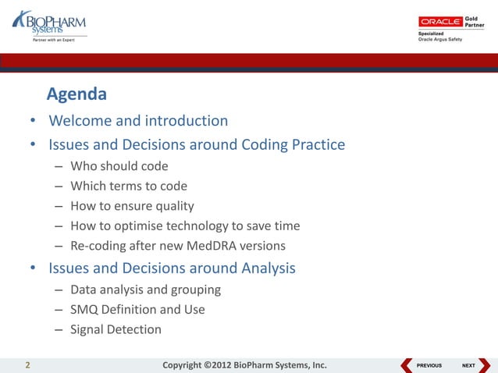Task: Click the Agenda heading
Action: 76,94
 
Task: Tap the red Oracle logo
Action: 440,22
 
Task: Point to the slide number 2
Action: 28,364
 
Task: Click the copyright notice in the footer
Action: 244,364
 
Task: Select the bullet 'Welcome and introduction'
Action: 138,121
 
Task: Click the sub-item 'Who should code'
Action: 119,165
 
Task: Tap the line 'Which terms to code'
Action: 128,186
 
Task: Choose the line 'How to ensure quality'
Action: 132,206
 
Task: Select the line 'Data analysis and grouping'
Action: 145,290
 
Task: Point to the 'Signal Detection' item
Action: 116,329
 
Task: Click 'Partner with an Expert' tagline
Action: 53,41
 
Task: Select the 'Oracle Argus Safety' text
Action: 441,40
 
